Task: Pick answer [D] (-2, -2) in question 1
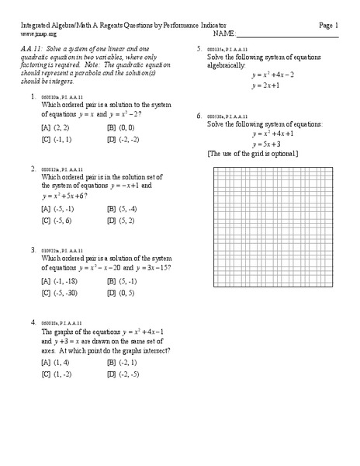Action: tap(123, 139)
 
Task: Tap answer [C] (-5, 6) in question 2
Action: tap(57, 221)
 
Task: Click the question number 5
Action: tap(199, 49)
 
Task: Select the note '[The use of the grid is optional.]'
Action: tap(252, 155)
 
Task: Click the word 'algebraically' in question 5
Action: tap(226, 66)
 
